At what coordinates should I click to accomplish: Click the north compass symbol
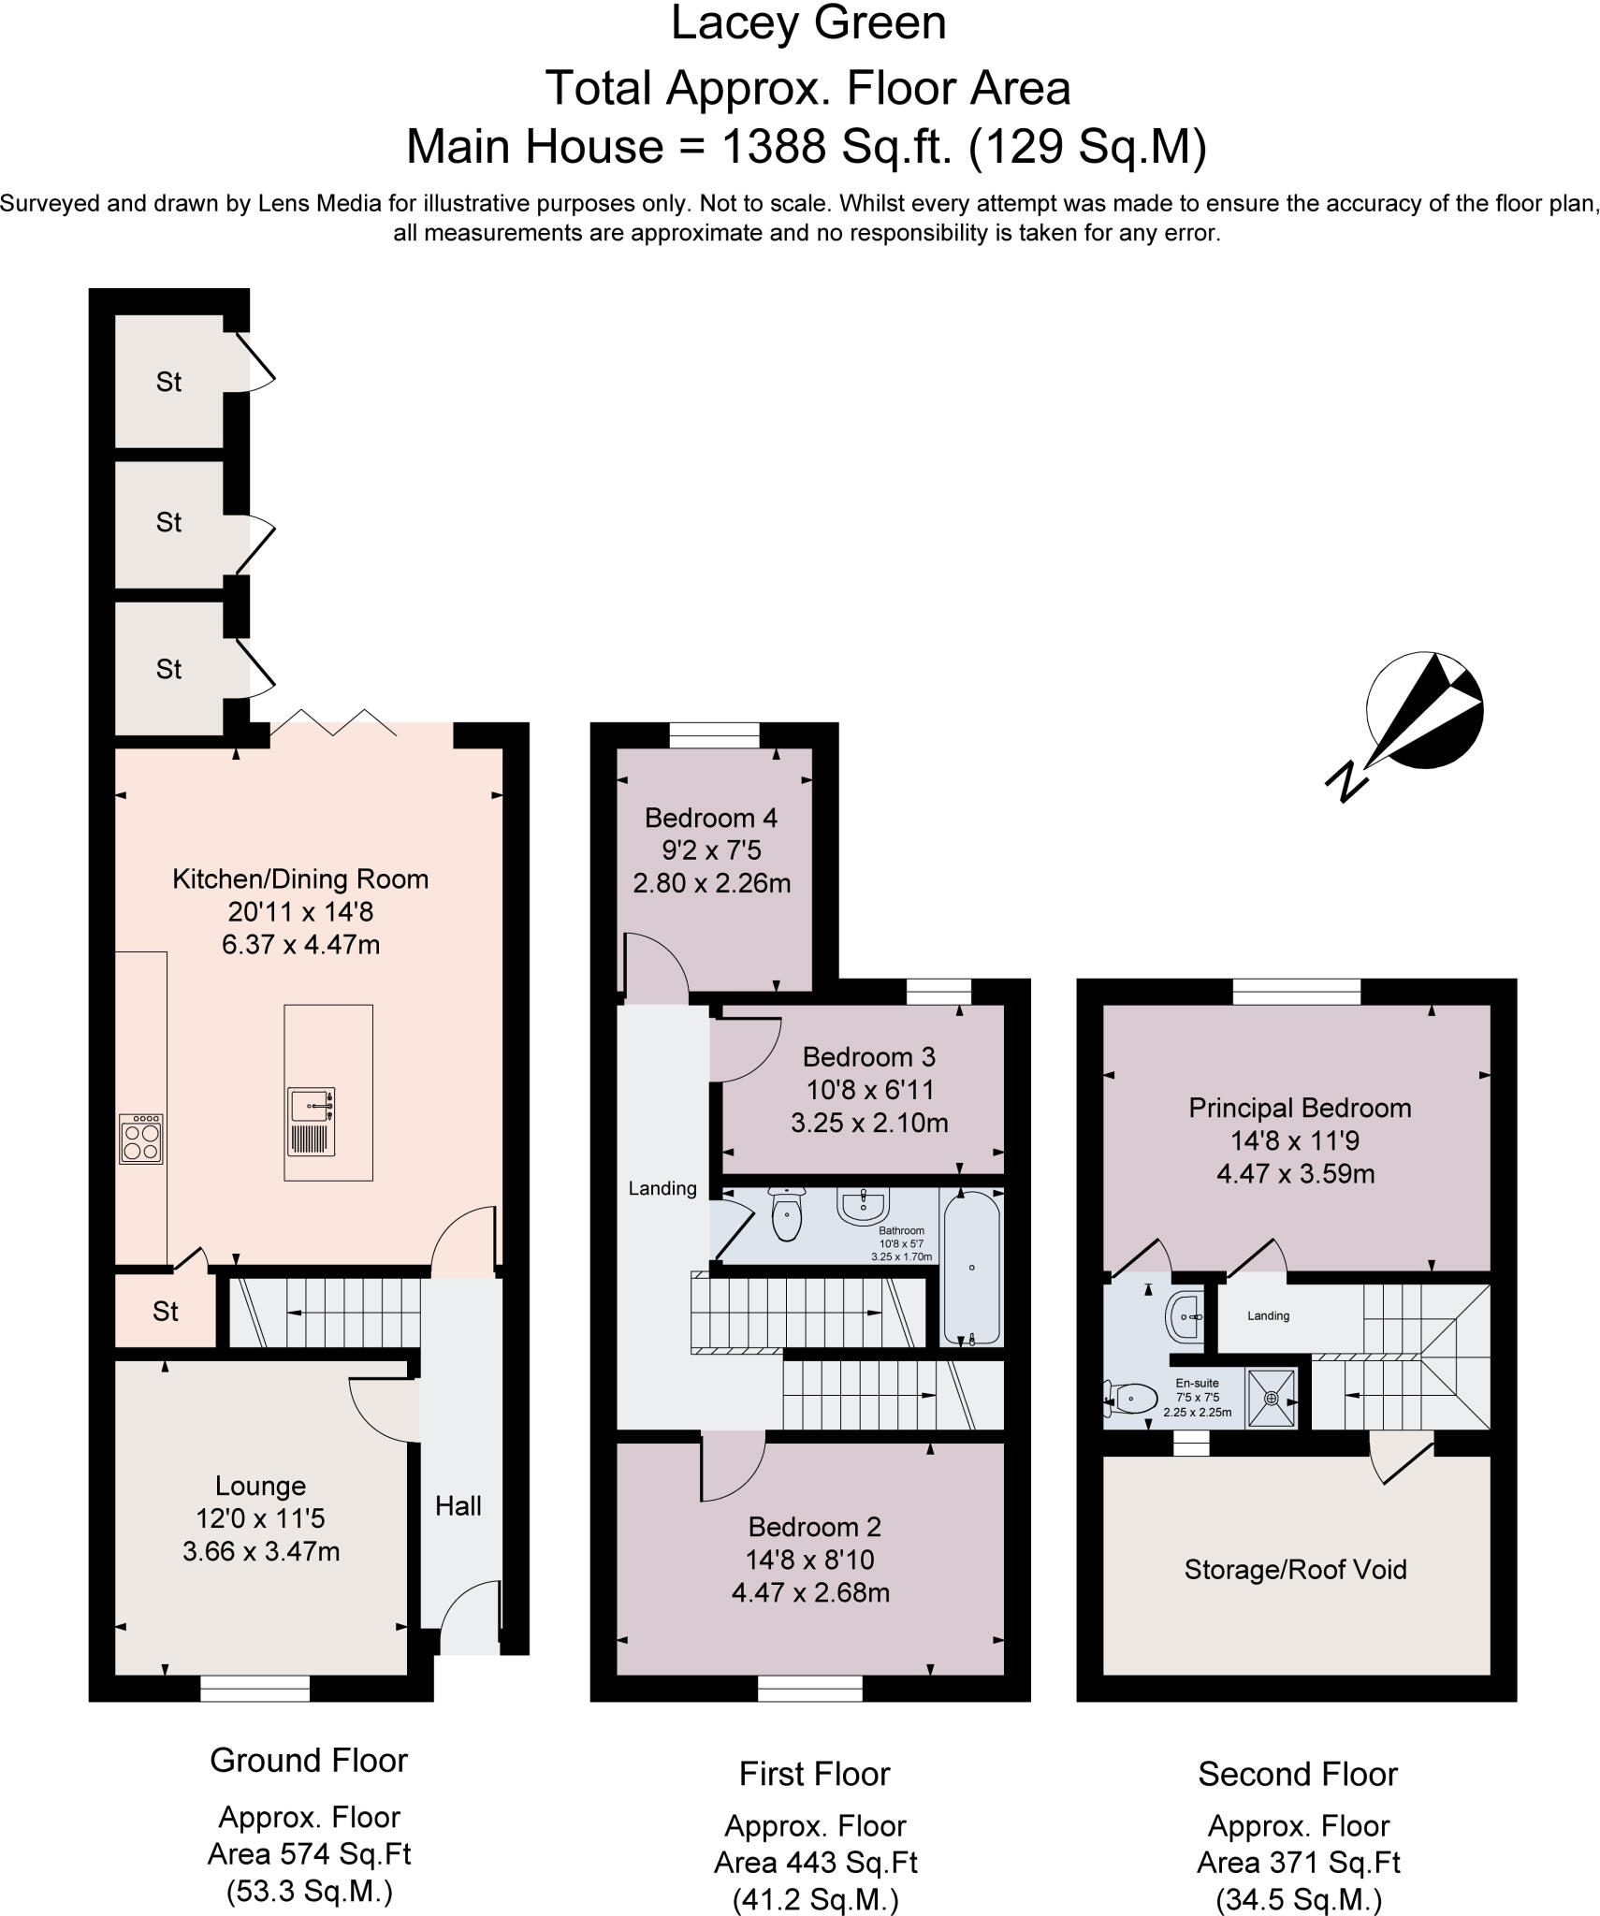[1422, 711]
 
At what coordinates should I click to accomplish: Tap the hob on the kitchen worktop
[141, 1139]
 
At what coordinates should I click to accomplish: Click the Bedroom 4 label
[710, 819]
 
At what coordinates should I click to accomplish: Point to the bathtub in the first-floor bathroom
[971, 1268]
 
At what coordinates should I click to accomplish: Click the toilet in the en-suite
[1132, 1398]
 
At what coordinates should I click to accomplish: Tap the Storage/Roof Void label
[1295, 1569]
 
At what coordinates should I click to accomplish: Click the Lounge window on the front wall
[255, 1688]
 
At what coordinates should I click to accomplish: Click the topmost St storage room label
[168, 382]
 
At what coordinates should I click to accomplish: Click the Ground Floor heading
[309, 1760]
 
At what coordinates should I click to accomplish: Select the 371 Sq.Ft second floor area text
[1298, 1862]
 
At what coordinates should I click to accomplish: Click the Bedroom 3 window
[939, 991]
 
